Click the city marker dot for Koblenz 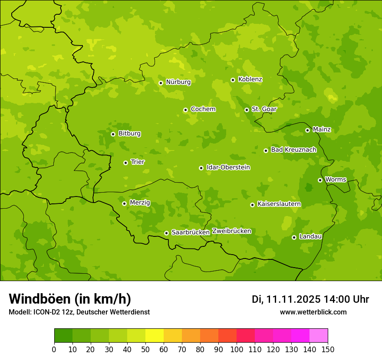(233, 80)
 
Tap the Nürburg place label (178, 82)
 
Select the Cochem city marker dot (185, 110)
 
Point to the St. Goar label (264, 109)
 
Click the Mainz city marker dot (307, 130)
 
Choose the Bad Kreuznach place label (293, 150)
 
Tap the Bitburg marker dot (113, 134)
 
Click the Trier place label (138, 162)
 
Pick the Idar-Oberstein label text (228, 167)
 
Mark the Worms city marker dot (320, 180)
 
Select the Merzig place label (140, 203)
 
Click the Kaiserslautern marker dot (252, 205)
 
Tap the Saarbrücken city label (191, 232)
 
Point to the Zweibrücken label (231, 231)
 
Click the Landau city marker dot (294, 237)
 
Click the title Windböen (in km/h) (70, 299)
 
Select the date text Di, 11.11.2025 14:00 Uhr (310, 299)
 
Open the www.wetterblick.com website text (313, 312)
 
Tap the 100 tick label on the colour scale (237, 350)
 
